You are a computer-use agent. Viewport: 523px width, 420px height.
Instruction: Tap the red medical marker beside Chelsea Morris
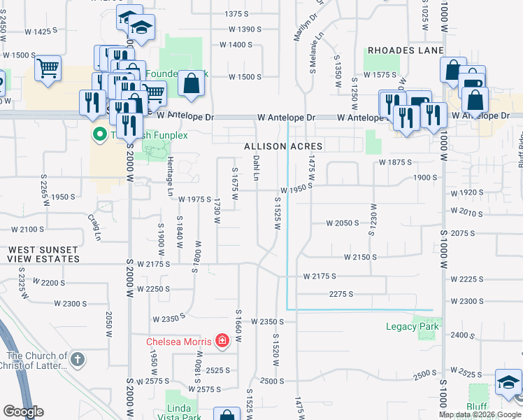tap(222, 342)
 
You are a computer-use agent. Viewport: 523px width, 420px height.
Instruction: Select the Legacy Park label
tap(412, 326)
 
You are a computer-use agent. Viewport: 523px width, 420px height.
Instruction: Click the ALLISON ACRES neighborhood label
tap(283, 146)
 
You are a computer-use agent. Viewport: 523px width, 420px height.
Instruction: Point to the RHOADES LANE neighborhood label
tap(406, 51)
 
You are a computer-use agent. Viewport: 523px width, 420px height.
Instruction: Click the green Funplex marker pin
tap(99, 134)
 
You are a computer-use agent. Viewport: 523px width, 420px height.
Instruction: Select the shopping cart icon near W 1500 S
tap(48, 69)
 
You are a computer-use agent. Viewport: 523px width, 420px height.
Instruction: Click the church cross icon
tap(77, 360)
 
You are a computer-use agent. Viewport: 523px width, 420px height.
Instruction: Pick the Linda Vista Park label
tap(182, 413)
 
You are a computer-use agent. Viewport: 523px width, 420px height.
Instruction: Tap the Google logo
tap(23, 411)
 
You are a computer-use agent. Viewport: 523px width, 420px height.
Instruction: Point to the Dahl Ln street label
tap(256, 168)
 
